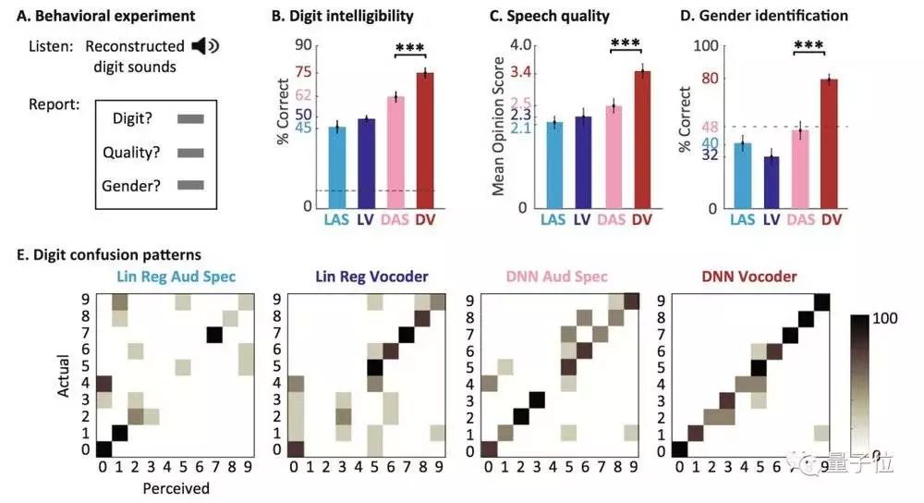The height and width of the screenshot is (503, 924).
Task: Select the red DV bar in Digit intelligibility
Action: coord(424,139)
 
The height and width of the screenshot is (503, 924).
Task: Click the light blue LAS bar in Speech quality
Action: coord(554,165)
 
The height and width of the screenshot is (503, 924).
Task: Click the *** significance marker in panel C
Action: coord(625,43)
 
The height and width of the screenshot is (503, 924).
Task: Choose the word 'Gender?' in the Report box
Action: coord(131,185)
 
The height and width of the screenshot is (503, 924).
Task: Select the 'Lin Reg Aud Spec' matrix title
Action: coord(176,276)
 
